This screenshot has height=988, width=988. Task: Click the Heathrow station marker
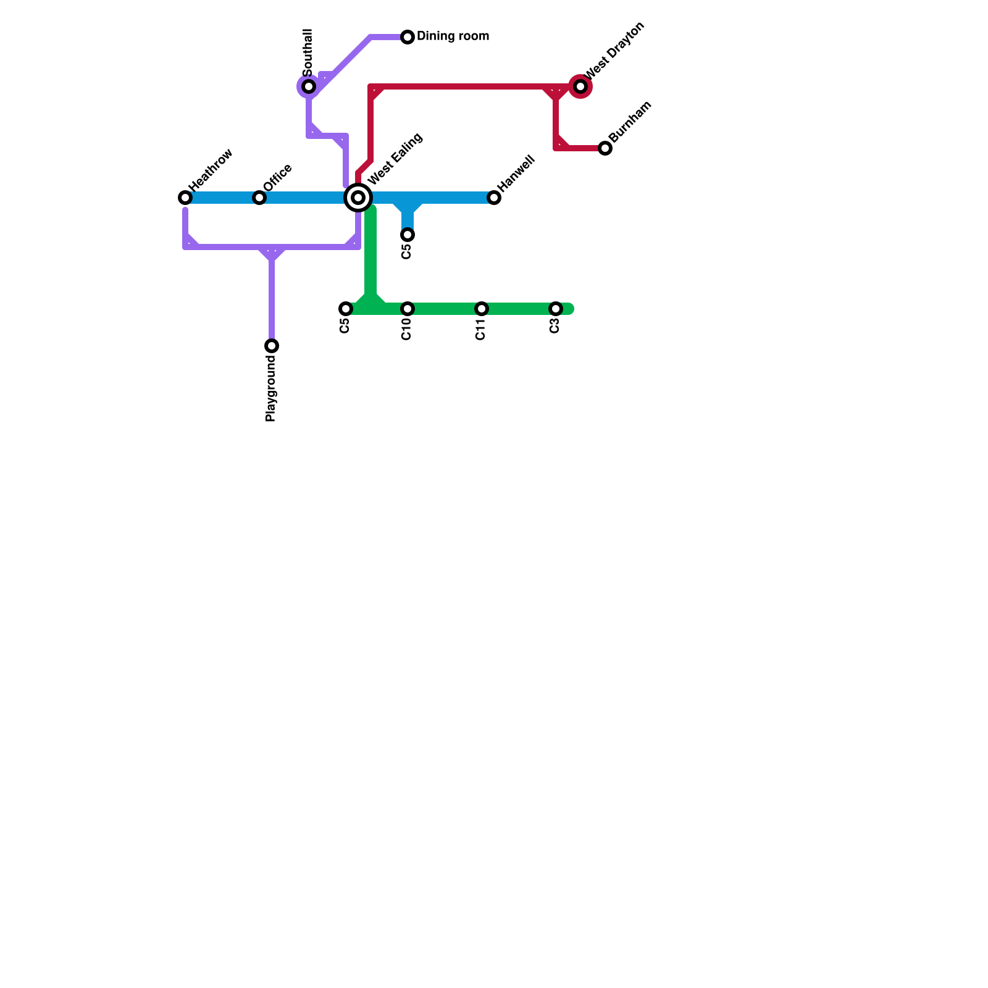[185, 198]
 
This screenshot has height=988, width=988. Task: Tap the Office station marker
[259, 198]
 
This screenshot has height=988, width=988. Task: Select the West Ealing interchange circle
[358, 198]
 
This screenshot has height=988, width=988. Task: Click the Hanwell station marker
[494, 198]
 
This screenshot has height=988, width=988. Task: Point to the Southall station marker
[309, 86]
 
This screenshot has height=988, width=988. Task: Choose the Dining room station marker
[408, 37]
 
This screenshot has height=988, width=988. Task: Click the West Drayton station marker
[580, 86]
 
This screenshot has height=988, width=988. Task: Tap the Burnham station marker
[605, 148]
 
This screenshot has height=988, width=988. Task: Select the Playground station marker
[272, 346]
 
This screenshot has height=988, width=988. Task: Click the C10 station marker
[408, 309]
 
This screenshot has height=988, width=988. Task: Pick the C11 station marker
[482, 309]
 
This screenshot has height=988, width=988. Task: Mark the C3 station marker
[556, 309]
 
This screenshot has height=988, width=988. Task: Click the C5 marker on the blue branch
[408, 235]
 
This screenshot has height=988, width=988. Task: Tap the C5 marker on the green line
[346, 309]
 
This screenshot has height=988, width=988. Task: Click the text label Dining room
[453, 36]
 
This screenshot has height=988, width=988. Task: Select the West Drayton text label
[614, 50]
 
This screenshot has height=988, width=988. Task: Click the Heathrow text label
[211, 170]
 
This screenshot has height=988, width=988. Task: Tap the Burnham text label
[630, 122]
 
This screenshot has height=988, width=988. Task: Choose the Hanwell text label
[516, 172]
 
